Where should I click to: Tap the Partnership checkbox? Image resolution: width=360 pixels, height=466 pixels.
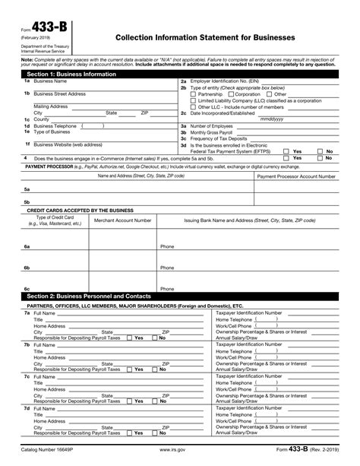193,94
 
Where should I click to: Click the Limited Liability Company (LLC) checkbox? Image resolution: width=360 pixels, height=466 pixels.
193,100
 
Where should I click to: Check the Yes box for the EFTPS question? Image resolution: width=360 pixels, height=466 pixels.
286,151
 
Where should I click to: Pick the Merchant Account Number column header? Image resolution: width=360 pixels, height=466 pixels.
122,220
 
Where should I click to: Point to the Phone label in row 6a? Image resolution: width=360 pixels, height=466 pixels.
167,246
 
